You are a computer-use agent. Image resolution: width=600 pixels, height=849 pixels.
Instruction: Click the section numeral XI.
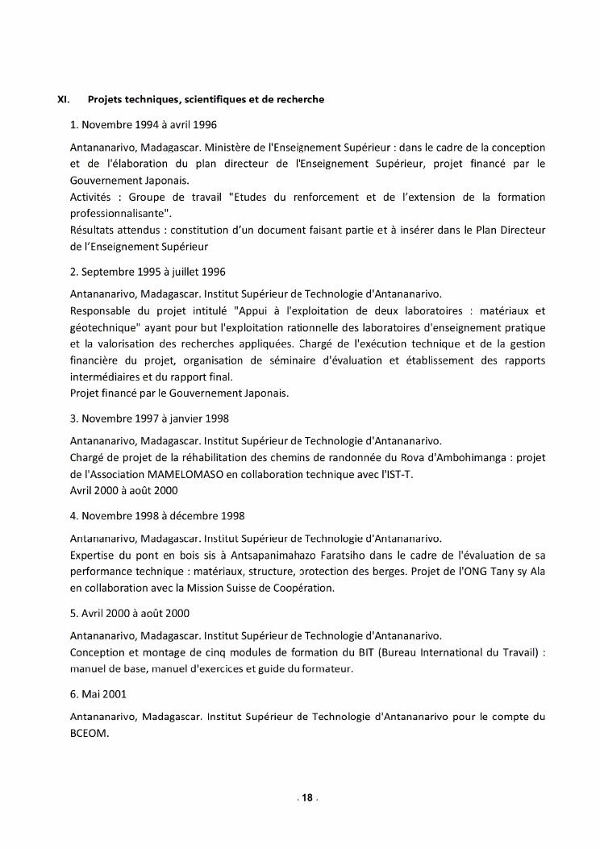point(63,99)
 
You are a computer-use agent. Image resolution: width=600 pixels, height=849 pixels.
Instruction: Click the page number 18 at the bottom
point(306,798)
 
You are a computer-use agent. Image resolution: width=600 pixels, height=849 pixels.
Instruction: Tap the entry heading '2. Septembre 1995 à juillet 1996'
point(148,272)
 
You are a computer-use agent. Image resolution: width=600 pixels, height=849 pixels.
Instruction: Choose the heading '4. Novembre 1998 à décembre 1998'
point(157,515)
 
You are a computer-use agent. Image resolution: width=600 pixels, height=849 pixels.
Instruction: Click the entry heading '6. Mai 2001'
point(98,693)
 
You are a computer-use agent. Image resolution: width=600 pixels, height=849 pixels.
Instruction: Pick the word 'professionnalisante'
point(119,214)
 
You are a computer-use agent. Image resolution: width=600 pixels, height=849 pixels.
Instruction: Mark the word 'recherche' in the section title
point(298,99)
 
